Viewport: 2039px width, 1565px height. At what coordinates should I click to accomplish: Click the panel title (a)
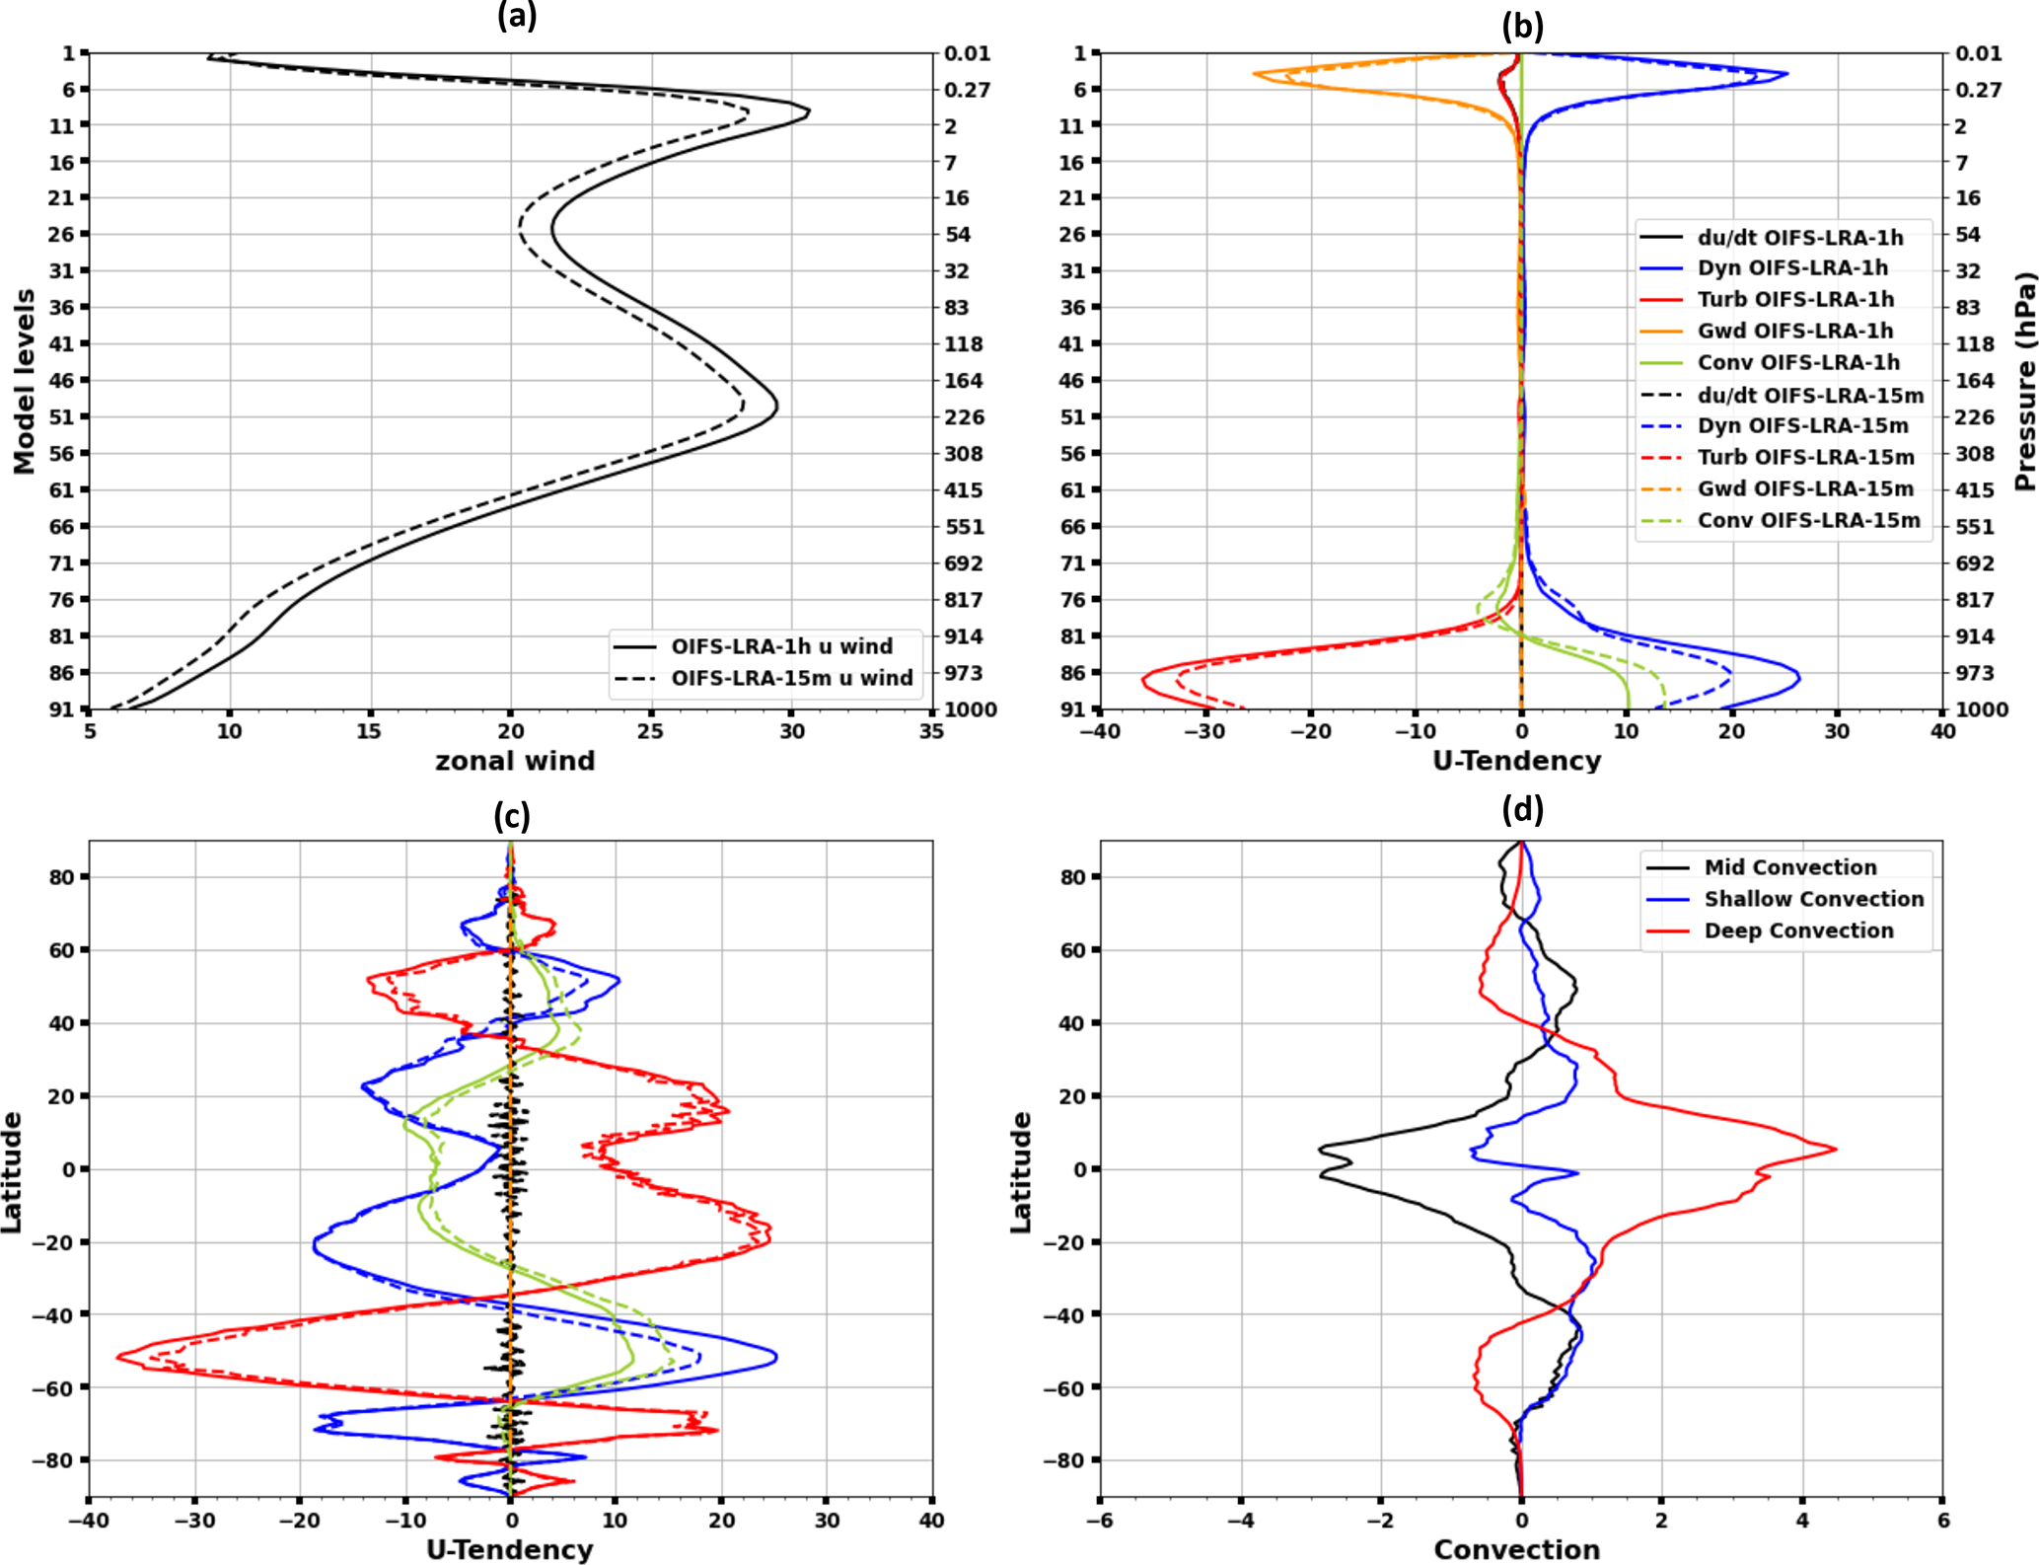pyautogui.click(x=517, y=16)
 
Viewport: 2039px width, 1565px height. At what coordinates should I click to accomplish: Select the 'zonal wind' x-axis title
pyautogui.click(x=515, y=761)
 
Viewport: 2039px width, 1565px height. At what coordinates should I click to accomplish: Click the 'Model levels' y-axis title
pyautogui.click(x=24, y=381)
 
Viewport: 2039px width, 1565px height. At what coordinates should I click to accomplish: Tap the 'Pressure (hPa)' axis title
pyautogui.click(x=2025, y=381)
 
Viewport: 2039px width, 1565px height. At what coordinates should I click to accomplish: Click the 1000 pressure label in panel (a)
pyautogui.click(x=971, y=709)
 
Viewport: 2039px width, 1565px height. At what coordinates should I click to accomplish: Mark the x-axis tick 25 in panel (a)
pyautogui.click(x=651, y=731)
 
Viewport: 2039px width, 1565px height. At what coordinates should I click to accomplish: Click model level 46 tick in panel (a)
pyautogui.click(x=62, y=380)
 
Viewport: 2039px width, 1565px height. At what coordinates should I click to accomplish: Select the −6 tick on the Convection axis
pyautogui.click(x=1100, y=1521)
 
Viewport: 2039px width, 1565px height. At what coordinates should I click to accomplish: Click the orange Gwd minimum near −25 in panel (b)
pyautogui.click(x=1255, y=74)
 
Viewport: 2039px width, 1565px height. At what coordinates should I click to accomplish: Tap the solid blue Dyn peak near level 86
pyautogui.click(x=1799, y=678)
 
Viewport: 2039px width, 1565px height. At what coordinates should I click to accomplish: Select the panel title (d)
pyautogui.click(x=1522, y=810)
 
